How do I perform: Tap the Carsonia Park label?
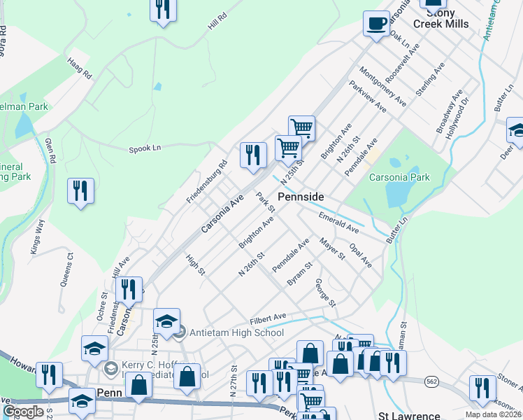click(x=400, y=177)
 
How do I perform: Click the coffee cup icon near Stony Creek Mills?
click(x=376, y=24)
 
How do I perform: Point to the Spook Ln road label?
click(x=145, y=148)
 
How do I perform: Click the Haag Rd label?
click(x=80, y=69)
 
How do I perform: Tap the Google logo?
click(x=23, y=412)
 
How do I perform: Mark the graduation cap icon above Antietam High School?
click(x=167, y=321)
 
